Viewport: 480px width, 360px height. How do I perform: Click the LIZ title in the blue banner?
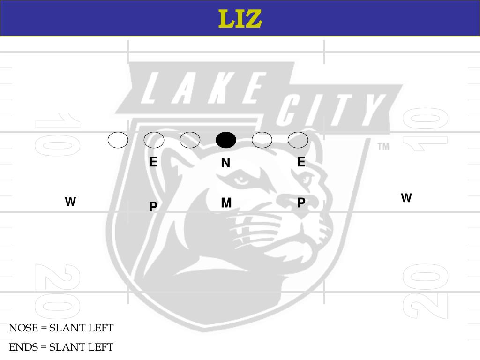point(240,19)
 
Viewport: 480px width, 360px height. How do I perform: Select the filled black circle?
point(226,140)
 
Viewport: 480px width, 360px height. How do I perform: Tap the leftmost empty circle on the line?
point(118,140)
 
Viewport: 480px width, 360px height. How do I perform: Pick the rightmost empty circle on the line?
point(298,140)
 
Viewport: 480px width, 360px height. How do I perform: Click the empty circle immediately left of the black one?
point(190,140)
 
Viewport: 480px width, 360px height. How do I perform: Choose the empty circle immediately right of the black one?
point(262,140)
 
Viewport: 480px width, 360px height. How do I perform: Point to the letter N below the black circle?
point(225,163)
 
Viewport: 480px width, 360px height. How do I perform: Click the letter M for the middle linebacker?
point(226,203)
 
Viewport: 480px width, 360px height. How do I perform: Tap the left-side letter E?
point(153,162)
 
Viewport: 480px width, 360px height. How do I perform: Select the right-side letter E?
point(301,162)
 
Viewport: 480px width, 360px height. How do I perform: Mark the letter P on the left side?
point(153,207)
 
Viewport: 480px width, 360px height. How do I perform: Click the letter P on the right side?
point(301,202)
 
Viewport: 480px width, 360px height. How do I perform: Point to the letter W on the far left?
point(70,202)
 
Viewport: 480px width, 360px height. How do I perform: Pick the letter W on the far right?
point(406,198)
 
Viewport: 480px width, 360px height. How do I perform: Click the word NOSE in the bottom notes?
point(23,328)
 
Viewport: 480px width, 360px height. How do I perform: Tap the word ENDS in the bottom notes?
point(23,347)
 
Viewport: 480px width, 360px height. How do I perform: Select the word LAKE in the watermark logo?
point(202,89)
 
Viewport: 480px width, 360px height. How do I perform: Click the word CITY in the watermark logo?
point(330,110)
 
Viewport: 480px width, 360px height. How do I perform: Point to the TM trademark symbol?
point(383,147)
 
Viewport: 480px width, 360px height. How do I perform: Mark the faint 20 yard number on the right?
point(425,291)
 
